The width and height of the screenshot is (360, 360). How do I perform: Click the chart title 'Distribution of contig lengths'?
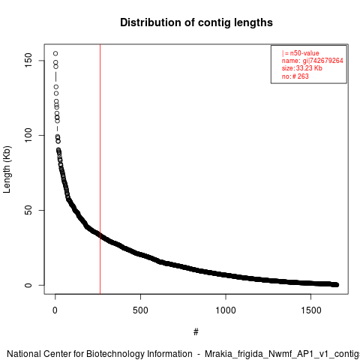click(196, 22)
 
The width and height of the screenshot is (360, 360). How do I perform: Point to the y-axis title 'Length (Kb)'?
click(7, 169)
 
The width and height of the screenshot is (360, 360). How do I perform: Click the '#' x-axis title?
click(196, 332)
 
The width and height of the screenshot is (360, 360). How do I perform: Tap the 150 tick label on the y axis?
click(28, 60)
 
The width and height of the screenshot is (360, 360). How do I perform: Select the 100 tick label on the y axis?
click(28, 135)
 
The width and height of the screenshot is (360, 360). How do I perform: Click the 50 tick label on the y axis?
click(28, 210)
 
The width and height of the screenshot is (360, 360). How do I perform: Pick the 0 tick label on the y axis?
click(28, 285)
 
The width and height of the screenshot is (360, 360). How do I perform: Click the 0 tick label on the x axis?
click(55, 310)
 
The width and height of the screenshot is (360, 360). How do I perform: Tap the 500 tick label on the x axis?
click(140, 310)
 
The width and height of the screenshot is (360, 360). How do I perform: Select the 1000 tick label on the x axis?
click(226, 310)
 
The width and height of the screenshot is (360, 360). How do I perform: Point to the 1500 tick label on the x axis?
click(311, 310)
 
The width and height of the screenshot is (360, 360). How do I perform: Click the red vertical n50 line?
click(100, 169)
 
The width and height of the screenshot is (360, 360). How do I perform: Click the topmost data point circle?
click(55, 53)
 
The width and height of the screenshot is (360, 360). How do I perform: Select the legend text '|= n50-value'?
click(301, 53)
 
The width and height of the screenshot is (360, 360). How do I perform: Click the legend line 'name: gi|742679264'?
click(313, 61)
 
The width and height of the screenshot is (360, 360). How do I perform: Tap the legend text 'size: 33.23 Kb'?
click(302, 68)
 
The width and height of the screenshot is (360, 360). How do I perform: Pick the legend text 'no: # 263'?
click(295, 76)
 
